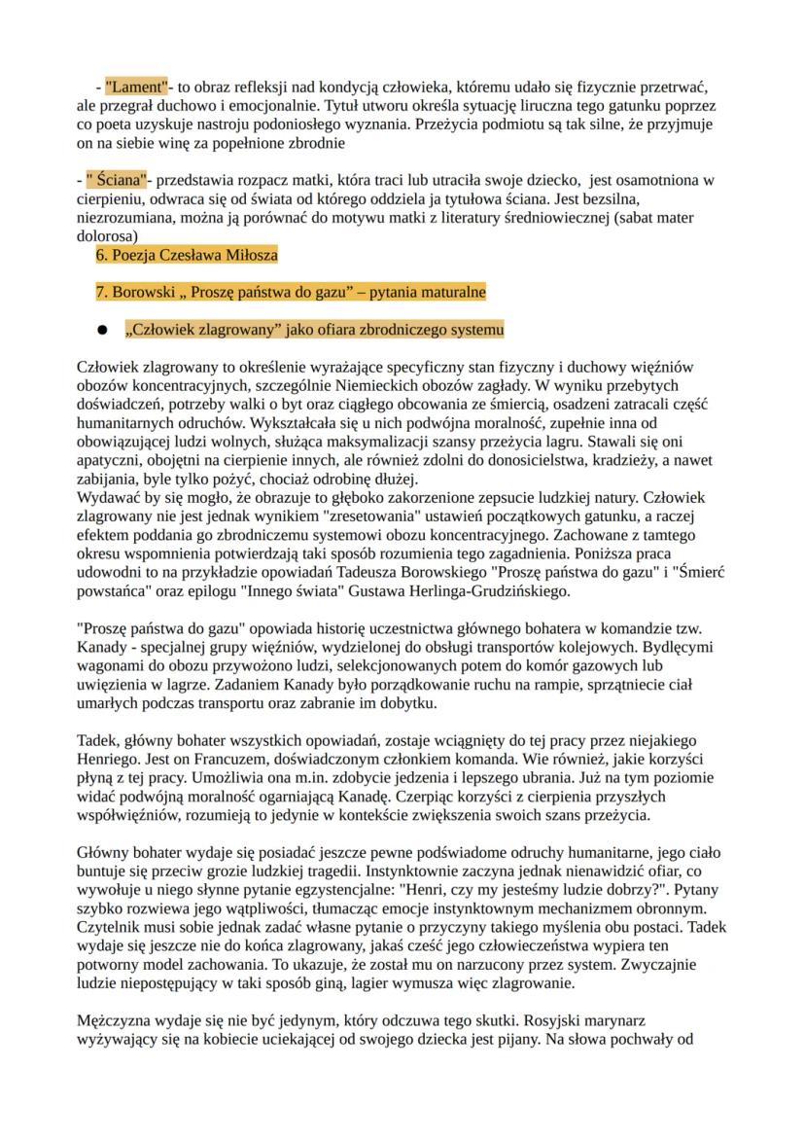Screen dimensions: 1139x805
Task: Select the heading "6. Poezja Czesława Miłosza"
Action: (x=187, y=256)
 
